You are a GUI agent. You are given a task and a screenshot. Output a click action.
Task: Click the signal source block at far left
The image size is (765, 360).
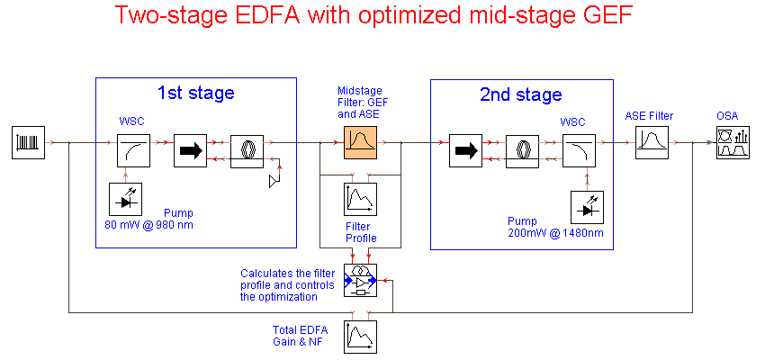[x=28, y=142]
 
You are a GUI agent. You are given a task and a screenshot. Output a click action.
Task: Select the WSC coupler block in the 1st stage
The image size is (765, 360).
[x=134, y=150]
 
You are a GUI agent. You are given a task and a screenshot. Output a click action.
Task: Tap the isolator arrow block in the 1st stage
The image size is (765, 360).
[x=191, y=150]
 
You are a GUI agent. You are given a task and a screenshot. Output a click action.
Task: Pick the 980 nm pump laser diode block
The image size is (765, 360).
[x=125, y=199]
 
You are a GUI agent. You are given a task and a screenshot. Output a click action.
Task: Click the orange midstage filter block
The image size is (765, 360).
[x=361, y=142]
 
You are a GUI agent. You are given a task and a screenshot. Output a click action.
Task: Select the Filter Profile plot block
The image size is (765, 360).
[x=361, y=199]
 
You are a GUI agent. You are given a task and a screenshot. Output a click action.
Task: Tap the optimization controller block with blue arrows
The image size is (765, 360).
[x=361, y=280]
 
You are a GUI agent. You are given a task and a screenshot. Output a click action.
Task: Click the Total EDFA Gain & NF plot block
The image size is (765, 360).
[x=361, y=337]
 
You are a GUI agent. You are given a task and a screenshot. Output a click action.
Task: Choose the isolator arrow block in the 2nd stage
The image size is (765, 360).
[x=466, y=150]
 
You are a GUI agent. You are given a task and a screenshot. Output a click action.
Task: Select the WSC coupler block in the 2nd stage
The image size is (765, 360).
[x=579, y=150]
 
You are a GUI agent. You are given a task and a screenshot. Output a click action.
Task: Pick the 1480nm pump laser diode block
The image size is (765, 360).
[x=588, y=207]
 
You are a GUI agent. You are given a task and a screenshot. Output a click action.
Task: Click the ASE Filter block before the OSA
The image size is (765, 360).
[x=652, y=142]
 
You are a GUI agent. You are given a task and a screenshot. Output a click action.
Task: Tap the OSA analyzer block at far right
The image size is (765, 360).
[x=733, y=142]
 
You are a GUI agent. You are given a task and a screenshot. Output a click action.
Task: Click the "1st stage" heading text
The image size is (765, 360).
[x=195, y=93]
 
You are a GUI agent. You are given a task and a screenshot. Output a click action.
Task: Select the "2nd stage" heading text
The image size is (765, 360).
[x=521, y=94]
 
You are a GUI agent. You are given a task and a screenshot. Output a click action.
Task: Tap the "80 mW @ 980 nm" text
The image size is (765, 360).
[x=148, y=225]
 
